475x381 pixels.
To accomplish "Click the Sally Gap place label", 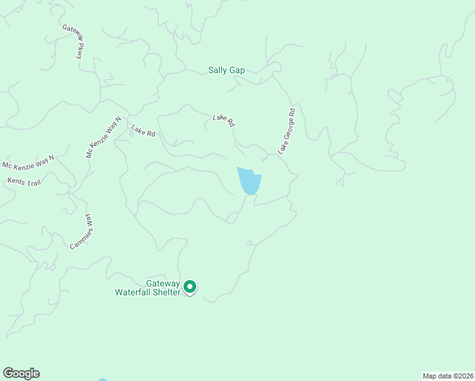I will pyautogui.click(x=226, y=70).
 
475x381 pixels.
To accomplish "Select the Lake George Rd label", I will pyautogui.click(x=287, y=131).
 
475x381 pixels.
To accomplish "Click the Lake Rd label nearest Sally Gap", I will pyautogui.click(x=224, y=119).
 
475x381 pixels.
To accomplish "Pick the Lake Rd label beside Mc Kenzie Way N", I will pyautogui.click(x=143, y=131).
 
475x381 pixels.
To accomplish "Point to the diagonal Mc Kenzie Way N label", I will pyautogui.click(x=104, y=137).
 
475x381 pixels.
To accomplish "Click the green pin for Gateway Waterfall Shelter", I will pyautogui.click(x=189, y=288).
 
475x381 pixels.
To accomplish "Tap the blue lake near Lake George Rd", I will pyautogui.click(x=248, y=182).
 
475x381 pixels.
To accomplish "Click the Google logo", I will pyautogui.click(x=21, y=373).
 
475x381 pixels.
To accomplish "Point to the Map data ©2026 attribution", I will pyautogui.click(x=448, y=376).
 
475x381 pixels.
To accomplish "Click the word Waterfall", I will pyautogui.click(x=135, y=293).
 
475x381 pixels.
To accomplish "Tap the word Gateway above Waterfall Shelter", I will pyautogui.click(x=163, y=284).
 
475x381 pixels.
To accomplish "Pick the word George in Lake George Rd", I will pyautogui.click(x=287, y=130).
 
